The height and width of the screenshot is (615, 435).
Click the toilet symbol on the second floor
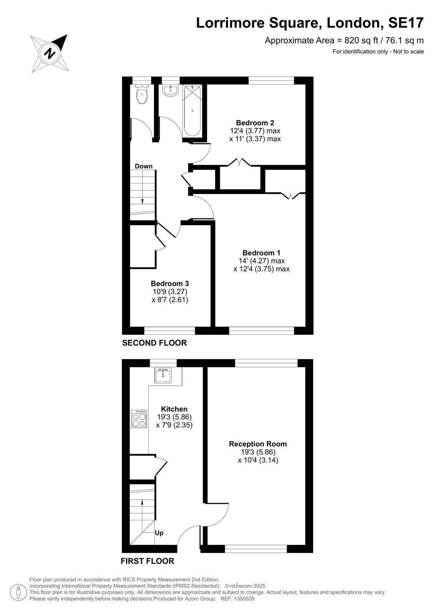(x=142, y=94)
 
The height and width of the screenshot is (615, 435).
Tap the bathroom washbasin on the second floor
(x=170, y=91)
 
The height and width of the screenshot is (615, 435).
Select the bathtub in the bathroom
(x=192, y=110)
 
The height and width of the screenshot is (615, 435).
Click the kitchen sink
(x=163, y=375)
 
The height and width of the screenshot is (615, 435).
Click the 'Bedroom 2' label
(x=255, y=123)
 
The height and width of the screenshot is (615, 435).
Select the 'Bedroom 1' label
(x=262, y=253)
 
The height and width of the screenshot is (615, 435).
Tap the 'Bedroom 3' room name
(x=170, y=283)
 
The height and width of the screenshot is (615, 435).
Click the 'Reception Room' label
(x=258, y=444)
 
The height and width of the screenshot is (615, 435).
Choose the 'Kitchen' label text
(x=174, y=409)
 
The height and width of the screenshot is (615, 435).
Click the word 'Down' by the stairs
(x=143, y=166)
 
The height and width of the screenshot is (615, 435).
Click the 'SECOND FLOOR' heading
(x=155, y=342)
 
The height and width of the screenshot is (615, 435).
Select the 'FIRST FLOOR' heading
(x=148, y=561)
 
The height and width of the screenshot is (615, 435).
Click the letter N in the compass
(x=50, y=53)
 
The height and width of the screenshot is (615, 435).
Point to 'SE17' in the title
(x=406, y=23)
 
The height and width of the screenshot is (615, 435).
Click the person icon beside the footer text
(x=18, y=592)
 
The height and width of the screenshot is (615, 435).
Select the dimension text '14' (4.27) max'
(x=262, y=261)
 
